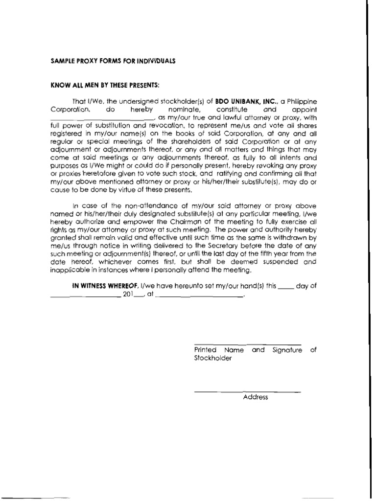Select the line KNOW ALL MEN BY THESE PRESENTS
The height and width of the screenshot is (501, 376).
tap(98, 85)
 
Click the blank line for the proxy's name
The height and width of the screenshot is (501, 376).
tap(102, 118)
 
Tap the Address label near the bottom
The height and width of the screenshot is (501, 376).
tap(255, 397)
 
